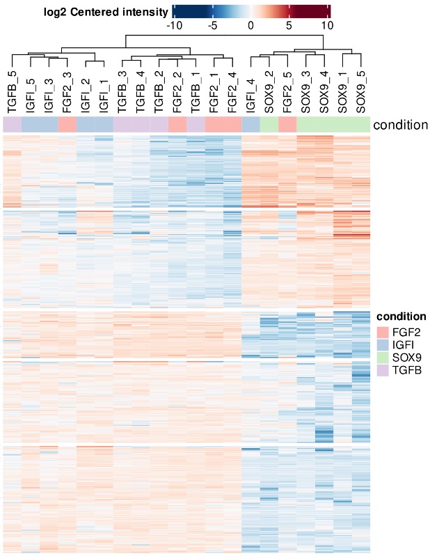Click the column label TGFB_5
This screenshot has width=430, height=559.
click(13, 91)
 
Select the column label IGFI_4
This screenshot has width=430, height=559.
click(251, 91)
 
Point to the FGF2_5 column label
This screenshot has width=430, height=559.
click(287, 91)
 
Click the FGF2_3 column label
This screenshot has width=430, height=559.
click(67, 91)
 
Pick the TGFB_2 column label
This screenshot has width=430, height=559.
click(159, 91)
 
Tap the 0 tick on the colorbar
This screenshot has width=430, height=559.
click(250, 24)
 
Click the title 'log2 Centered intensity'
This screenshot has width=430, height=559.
click(104, 11)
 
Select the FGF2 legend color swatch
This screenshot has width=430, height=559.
click(383, 331)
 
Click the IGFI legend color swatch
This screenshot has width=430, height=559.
click(383, 344)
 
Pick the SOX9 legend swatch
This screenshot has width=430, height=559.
click(383, 356)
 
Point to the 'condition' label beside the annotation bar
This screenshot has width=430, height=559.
click(400, 125)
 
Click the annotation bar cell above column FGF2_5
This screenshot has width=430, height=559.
click(287, 125)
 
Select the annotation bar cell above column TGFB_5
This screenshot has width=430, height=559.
click(13, 125)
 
